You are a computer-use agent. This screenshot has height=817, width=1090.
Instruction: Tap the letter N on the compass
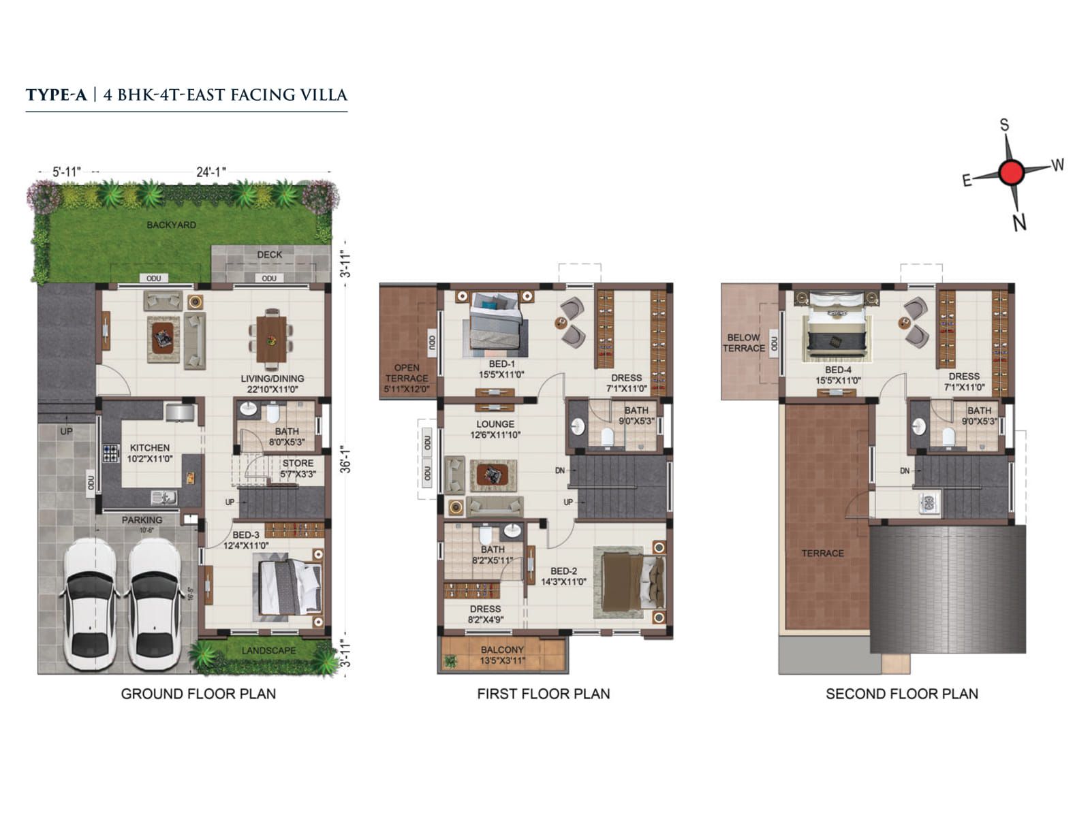pos(1019,223)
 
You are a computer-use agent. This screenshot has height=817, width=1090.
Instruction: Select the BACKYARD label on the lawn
pos(171,225)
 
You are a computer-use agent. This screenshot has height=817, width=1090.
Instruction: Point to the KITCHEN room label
pos(150,447)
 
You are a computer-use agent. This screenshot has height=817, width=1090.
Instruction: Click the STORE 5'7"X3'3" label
pos(298,468)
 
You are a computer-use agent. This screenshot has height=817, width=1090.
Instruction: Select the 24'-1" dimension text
pos(211,172)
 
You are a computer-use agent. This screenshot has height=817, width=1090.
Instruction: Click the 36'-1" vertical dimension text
pos(346,459)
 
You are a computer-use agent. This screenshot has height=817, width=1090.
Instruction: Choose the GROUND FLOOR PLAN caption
pos(198,694)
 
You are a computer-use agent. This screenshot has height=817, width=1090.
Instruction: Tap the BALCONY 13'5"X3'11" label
pos(502,655)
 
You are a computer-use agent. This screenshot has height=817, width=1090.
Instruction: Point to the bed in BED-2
pos(630,583)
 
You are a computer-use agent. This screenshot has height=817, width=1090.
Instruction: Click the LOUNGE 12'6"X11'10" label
pos(495,429)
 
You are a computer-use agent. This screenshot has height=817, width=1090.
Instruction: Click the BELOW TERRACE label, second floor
pos(743,342)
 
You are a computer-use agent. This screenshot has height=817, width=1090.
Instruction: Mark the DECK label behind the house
pos(270,255)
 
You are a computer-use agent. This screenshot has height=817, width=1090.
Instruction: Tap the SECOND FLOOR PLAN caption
pos(902,694)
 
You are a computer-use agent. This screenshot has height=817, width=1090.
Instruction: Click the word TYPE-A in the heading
pos(57,95)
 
